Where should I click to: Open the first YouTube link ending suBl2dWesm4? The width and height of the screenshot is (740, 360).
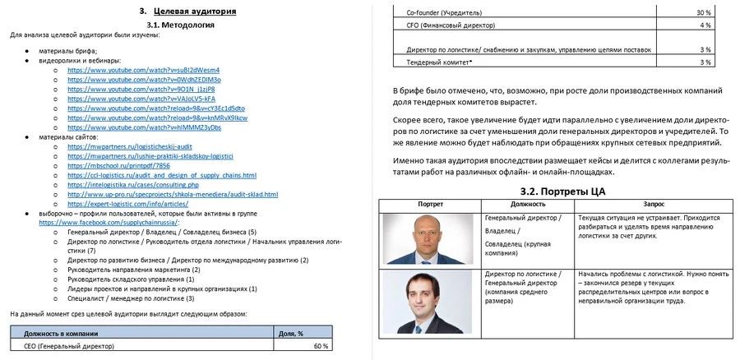pos(143,70)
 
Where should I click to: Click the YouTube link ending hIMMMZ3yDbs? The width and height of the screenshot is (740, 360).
pos(144,127)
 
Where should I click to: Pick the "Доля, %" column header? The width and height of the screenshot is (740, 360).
pos(291,333)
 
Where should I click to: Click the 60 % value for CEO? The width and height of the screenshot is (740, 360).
pos(321,346)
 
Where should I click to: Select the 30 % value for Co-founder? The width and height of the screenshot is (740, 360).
pos(703,13)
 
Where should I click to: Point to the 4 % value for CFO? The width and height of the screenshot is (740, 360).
pos(705,25)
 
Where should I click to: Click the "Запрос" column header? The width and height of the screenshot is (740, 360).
pos(654,203)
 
